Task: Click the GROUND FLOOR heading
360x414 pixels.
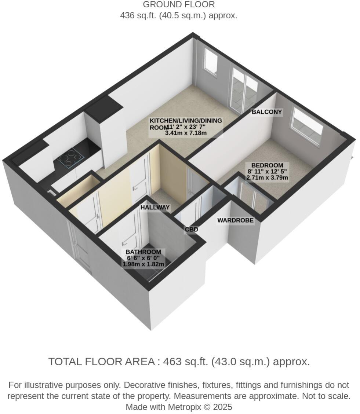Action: (x=179, y=5)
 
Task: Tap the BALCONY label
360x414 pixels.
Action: (x=267, y=112)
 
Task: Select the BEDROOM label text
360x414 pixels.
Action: (x=267, y=165)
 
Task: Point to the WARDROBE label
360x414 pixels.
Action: (x=235, y=220)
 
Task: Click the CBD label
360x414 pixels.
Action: (x=191, y=230)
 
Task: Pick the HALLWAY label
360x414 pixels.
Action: (x=155, y=208)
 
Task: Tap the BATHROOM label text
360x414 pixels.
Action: (x=143, y=252)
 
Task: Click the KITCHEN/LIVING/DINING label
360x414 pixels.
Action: (x=186, y=121)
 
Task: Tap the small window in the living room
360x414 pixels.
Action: (x=211, y=62)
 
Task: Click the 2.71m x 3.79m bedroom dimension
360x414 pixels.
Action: (x=267, y=178)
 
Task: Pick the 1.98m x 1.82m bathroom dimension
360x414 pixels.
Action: (x=143, y=264)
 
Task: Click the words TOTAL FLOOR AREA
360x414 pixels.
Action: (x=101, y=362)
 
